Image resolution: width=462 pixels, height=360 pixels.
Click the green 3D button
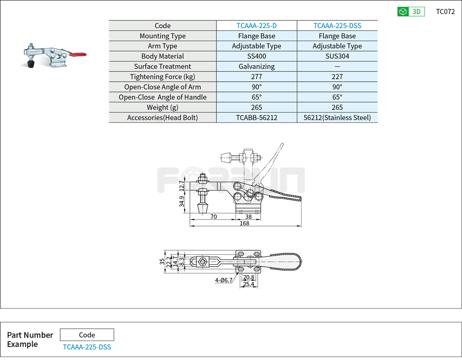(411, 12)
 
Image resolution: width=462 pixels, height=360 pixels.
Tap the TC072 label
(445, 12)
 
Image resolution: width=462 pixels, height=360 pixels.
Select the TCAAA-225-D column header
(256, 26)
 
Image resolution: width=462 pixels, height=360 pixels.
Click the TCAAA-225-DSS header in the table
(337, 26)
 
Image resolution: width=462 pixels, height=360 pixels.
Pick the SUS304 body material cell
(337, 56)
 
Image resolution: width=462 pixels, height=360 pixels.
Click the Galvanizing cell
(256, 67)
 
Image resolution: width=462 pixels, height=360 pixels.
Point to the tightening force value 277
(256, 77)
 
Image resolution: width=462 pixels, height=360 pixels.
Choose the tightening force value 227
(337, 77)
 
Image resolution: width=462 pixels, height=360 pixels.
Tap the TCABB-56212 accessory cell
(256, 118)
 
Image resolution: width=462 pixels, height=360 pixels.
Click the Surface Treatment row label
(162, 67)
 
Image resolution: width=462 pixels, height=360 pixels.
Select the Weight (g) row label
(162, 107)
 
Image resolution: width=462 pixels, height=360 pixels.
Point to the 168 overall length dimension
(245, 223)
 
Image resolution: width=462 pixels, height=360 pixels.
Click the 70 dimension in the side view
(213, 217)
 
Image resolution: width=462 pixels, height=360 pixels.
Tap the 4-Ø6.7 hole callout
(224, 280)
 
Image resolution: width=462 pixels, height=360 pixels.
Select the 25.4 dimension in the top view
(249, 284)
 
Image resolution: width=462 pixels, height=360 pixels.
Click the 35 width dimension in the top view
(162, 261)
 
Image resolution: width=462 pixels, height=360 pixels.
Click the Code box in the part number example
(87, 335)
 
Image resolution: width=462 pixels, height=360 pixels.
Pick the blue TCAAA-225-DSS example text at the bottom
(87, 347)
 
